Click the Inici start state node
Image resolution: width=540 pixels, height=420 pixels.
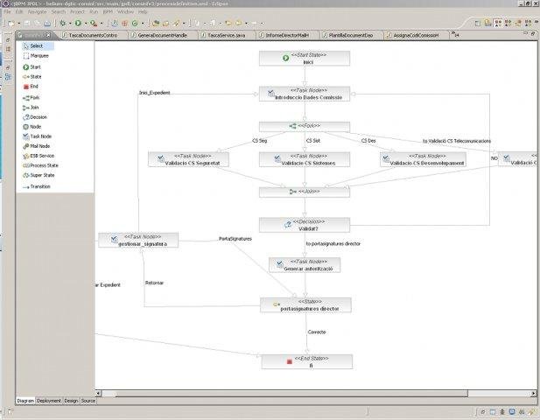305,59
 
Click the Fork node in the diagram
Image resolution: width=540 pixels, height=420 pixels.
305,126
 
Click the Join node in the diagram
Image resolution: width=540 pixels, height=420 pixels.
305,191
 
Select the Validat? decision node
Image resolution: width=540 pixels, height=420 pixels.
305,224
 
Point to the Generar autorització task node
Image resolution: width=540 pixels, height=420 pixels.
305,264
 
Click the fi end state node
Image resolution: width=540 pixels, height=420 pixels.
306,361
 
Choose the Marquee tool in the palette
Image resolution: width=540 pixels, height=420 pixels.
39,55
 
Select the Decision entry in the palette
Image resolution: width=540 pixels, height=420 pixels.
38,116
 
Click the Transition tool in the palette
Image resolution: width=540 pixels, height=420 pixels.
40,186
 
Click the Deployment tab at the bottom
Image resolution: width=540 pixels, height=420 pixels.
50,400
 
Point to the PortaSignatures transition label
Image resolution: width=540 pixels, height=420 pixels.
235,238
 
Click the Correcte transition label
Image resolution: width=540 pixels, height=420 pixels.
316,332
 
